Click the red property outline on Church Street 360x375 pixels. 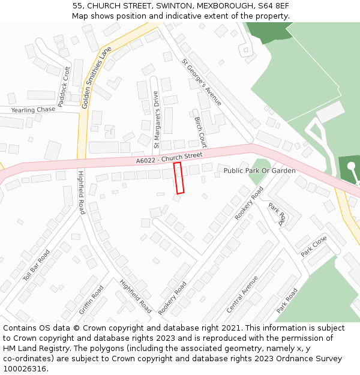pos(178,178)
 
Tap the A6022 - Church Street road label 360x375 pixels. pos(169,158)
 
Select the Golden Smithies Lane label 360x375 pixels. pos(96,78)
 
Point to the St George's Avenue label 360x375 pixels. pos(202,82)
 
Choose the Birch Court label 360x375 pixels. pos(200,132)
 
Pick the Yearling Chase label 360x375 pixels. pos(33,110)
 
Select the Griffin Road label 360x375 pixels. pos(91,300)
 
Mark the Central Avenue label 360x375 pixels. pos(242,294)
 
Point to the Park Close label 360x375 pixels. pos(314,247)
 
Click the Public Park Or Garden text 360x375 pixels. pos(259,171)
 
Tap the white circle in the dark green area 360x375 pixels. pos(351,166)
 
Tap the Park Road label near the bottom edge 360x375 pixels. pos(287,301)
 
